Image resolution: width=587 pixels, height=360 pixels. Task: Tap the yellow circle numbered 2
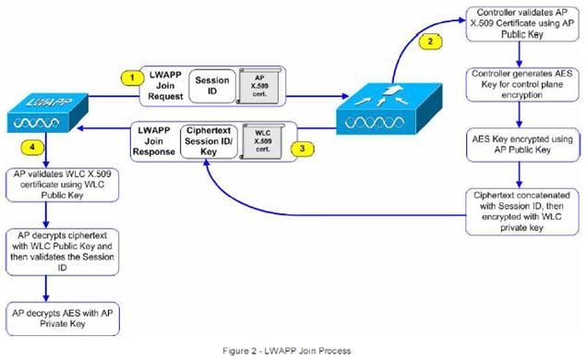pyautogui.click(x=426, y=41)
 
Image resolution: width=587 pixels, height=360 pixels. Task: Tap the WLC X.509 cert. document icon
pyautogui.click(x=260, y=139)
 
